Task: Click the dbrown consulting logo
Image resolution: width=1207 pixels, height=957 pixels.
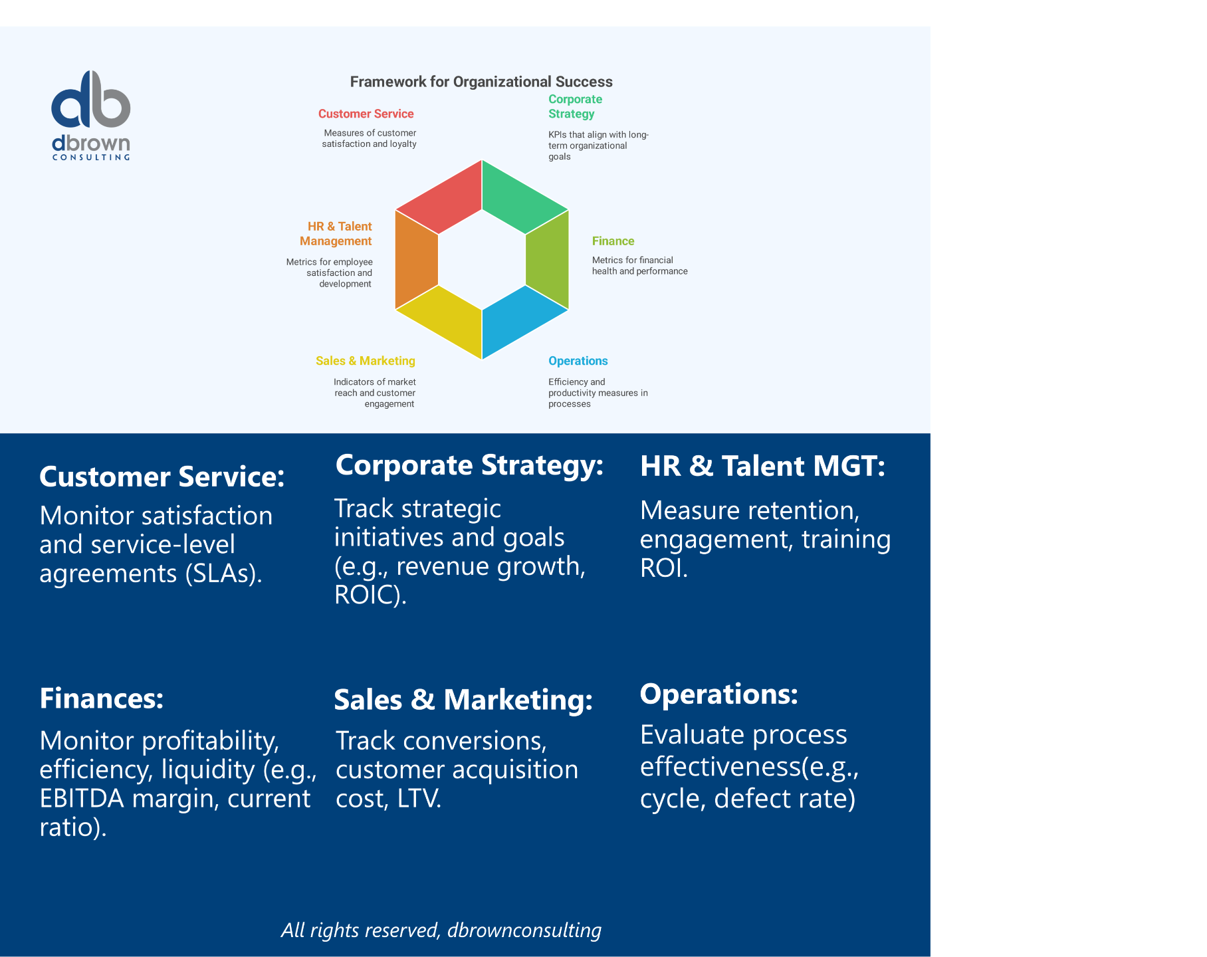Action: point(91,114)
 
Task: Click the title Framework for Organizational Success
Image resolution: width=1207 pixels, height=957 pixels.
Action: point(481,82)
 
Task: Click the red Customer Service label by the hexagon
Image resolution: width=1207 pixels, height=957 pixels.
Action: point(366,114)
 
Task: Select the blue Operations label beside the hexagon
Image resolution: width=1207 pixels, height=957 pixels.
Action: point(578,361)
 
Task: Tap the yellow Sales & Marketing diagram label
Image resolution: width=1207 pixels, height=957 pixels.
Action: point(365,361)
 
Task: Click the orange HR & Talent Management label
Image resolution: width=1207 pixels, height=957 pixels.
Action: point(336,234)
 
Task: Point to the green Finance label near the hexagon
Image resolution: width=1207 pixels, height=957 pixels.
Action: point(613,241)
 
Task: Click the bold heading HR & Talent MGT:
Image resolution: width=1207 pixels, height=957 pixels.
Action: point(762,466)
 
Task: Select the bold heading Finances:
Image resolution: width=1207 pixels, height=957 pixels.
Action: point(102,698)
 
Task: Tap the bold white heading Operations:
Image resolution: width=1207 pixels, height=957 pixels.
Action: point(718,694)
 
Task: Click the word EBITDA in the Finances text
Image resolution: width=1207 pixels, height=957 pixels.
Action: point(82,799)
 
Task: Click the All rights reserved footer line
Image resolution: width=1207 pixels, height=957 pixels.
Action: point(441,930)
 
